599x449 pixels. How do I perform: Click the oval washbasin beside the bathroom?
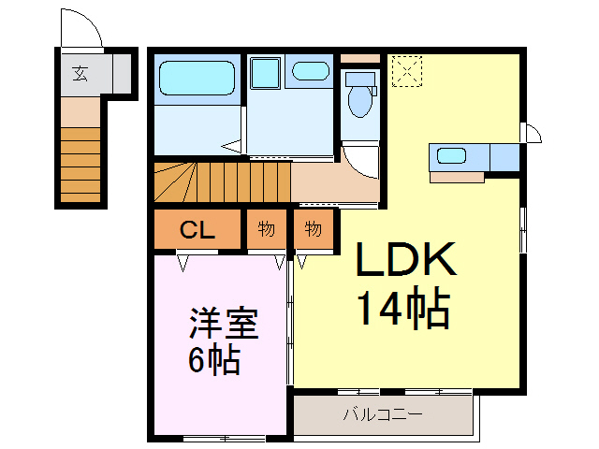click(x=308, y=71)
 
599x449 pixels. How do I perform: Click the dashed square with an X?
click(x=406, y=70)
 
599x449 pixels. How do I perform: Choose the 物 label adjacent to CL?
click(x=267, y=230)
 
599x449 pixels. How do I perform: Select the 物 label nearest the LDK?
click(x=314, y=230)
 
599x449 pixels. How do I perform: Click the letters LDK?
click(x=405, y=262)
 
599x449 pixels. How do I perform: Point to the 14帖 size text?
click(x=403, y=309)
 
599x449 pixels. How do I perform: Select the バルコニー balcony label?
click(x=382, y=413)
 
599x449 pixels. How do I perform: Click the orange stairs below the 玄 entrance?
click(x=80, y=164)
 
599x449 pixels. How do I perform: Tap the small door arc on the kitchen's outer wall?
click(x=532, y=133)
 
